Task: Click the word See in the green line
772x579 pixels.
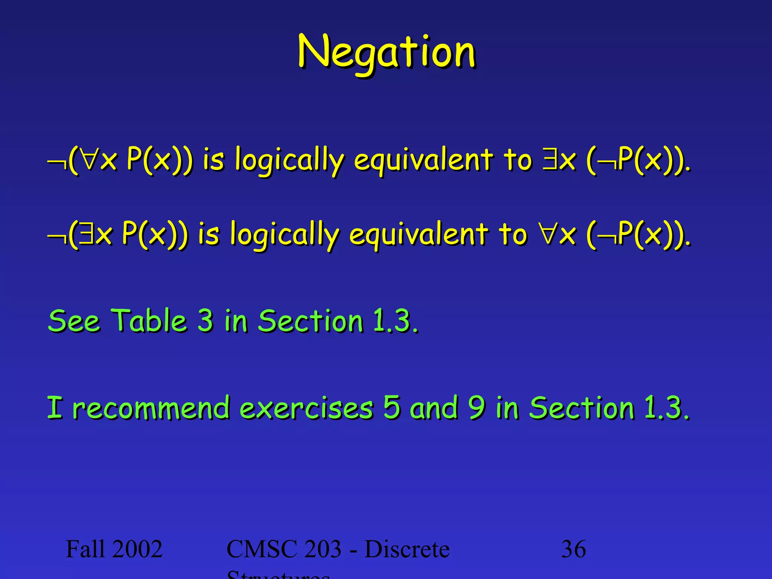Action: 74,321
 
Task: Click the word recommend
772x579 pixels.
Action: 151,408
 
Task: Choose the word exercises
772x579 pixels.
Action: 306,408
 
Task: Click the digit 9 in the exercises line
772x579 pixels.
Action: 476,408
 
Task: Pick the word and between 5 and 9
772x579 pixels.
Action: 434,408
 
